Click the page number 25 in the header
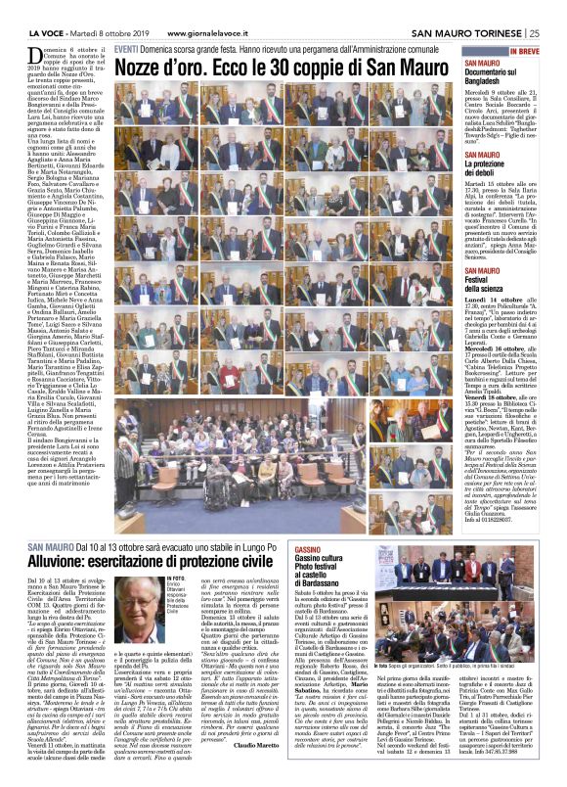pyautogui.click(x=556, y=10)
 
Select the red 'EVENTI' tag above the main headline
pyautogui.click(x=126, y=48)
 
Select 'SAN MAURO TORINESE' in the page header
pyautogui.click(x=473, y=10)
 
